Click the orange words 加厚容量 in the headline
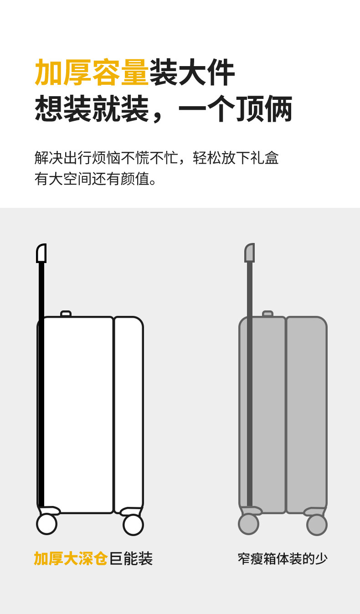click(92, 73)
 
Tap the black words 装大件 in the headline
click(192, 73)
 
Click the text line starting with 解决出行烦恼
click(156, 158)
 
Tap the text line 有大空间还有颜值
click(96, 179)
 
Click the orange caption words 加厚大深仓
click(71, 558)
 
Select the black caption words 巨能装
click(131, 558)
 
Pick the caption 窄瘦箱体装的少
click(283, 559)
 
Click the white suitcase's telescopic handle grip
click(41, 253)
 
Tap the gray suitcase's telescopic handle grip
click(249, 253)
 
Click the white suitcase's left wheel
click(46, 524)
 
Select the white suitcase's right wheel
click(133, 525)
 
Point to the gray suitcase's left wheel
click(248, 524)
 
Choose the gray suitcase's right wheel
click(317, 525)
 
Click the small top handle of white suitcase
click(66, 314)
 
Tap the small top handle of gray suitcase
click(267, 314)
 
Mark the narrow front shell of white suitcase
click(129, 415)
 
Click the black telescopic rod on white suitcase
click(41, 387)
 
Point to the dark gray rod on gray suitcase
click(250, 387)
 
